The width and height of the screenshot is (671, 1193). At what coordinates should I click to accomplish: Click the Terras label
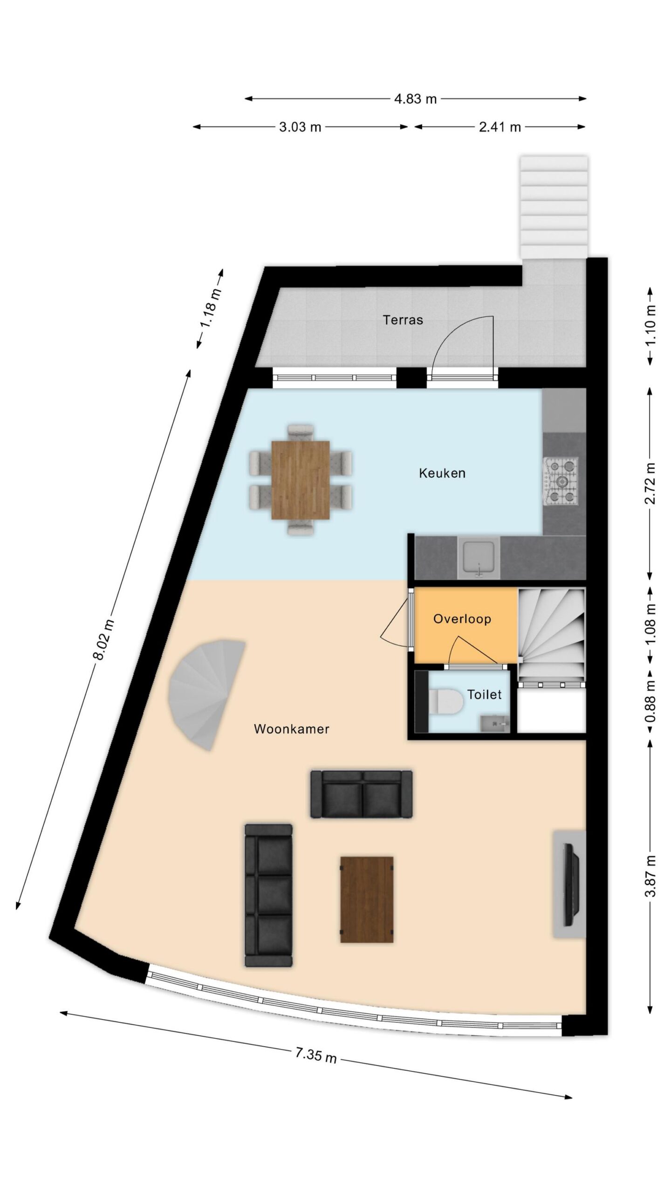[x=403, y=320]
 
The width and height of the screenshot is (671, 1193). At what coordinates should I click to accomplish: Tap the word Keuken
[x=442, y=473]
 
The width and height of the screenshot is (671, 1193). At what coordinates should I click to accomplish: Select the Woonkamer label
[x=292, y=729]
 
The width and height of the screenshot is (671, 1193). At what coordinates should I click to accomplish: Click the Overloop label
[x=462, y=619]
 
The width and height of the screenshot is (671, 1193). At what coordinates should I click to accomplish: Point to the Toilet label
[x=485, y=695]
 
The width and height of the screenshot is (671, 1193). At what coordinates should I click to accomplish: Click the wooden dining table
[x=301, y=480]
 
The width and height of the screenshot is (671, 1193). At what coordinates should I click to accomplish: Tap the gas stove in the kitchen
[x=561, y=481]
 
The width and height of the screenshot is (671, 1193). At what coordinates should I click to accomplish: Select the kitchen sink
[x=479, y=557]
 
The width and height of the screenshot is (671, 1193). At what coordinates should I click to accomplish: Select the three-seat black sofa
[x=269, y=895]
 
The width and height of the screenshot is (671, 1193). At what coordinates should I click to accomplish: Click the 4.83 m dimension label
[x=415, y=99]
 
